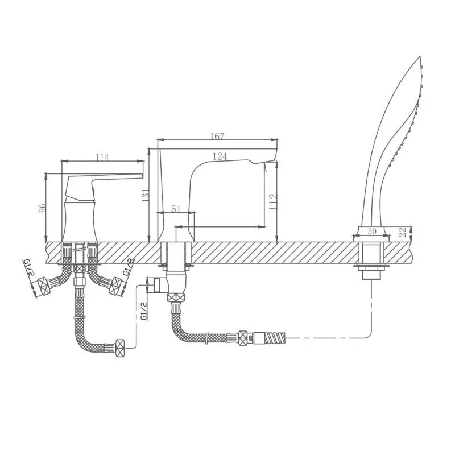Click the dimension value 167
pos(217,136)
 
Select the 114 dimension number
pos(102,158)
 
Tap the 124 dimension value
pos(220,156)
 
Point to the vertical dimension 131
pos(146,195)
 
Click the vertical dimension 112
pos(274,202)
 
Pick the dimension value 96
pos(42,208)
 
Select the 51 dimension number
pos(176,209)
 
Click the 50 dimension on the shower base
pos(372,231)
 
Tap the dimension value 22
pos(403,232)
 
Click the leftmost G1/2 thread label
pos(27,267)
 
